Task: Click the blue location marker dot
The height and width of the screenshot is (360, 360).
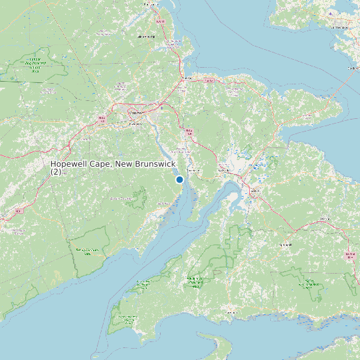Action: (179, 179)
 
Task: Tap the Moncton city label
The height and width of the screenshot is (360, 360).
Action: (136, 113)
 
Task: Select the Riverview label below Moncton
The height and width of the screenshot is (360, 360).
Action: (136, 124)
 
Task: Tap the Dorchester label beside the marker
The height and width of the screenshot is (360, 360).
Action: (193, 171)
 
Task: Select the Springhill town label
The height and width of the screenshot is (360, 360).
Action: (285, 244)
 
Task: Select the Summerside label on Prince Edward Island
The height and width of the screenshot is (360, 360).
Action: (340, 28)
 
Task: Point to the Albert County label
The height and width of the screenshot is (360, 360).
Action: (120, 198)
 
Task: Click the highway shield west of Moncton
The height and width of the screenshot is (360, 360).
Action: (102, 119)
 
